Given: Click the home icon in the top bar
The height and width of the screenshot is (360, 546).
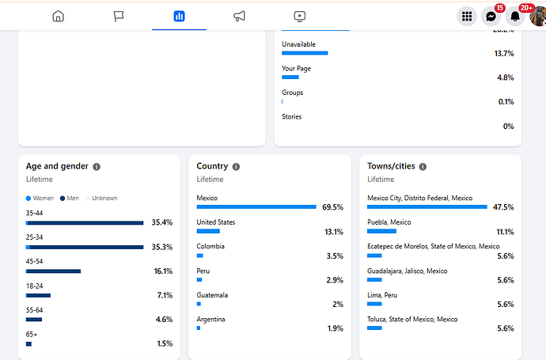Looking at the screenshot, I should [x=58, y=16].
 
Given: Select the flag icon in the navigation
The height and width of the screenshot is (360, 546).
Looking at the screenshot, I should [x=119, y=16].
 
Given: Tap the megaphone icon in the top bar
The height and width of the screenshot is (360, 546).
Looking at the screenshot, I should [x=239, y=16].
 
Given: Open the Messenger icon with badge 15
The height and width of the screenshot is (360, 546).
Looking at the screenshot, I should [x=491, y=16].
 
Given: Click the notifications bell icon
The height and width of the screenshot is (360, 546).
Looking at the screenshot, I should [x=515, y=16].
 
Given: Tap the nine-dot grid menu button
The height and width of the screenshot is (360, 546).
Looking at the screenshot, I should [x=467, y=16].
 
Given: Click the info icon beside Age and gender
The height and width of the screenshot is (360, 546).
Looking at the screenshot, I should [x=97, y=167].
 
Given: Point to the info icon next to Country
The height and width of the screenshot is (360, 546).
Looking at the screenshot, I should [x=236, y=167].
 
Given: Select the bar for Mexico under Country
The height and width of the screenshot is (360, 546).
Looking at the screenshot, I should [x=256, y=207].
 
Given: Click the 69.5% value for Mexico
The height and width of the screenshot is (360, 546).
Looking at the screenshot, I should [x=332, y=207].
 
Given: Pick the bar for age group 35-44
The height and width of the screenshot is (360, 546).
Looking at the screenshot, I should [x=85, y=223].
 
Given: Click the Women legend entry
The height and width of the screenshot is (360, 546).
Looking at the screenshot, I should [x=40, y=198].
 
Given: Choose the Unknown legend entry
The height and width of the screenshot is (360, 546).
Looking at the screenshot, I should [x=102, y=198].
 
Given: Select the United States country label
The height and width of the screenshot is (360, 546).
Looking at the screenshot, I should [x=215, y=222].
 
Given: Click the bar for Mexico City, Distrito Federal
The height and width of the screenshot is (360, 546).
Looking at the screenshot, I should [x=427, y=207].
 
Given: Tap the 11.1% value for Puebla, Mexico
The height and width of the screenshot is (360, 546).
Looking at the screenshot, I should [x=504, y=232].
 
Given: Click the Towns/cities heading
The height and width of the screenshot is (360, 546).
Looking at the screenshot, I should [x=391, y=166].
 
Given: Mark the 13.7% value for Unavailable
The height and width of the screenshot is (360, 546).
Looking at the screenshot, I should [x=504, y=54].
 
